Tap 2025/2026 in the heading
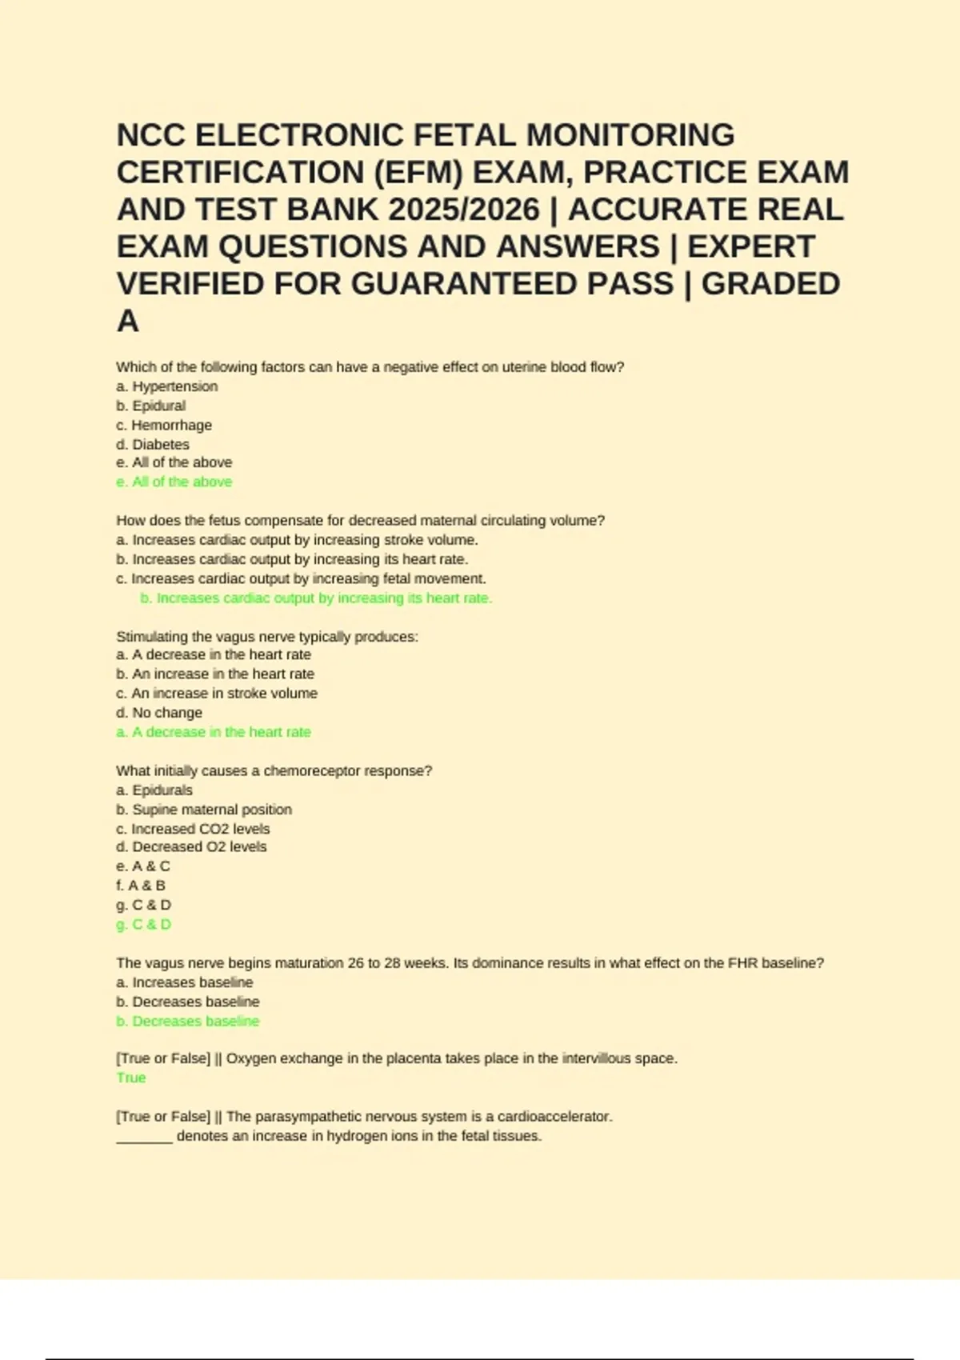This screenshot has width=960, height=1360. coord(464,210)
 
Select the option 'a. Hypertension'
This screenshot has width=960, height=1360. coord(166,386)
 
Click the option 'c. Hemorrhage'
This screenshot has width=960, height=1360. coord(164,425)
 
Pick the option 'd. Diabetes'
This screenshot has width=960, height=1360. coord(153,444)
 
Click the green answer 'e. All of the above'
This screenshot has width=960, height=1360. coord(174,482)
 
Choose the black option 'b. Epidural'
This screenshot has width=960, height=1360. coord(150,406)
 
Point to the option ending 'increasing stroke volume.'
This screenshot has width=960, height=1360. coord(297,540)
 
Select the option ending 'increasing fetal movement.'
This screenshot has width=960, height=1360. coord(301,578)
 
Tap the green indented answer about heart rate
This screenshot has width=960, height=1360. coord(316,598)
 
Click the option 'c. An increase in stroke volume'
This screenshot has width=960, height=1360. coord(217,693)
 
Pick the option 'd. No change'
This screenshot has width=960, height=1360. coord(159,712)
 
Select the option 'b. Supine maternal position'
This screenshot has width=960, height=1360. coord(204,810)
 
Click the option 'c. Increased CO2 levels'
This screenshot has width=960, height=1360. coord(193,829)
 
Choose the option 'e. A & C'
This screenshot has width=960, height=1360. coord(143,866)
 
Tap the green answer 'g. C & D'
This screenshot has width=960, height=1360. coord(144,924)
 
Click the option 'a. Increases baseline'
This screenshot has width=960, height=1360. coord(185,982)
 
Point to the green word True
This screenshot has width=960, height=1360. coord(131,1078)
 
